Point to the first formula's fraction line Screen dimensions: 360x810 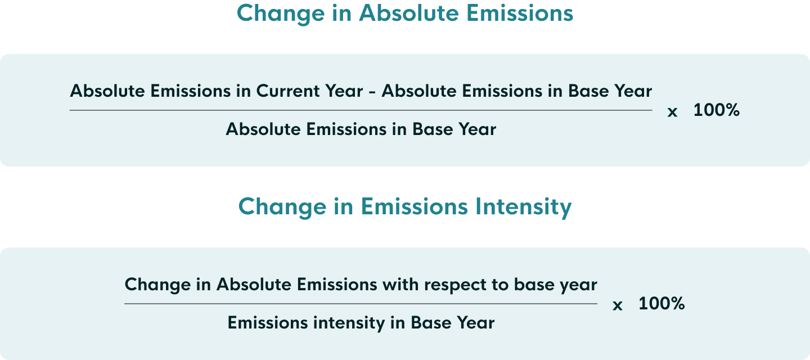point(361,110)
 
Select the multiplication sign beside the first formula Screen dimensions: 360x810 point(672,112)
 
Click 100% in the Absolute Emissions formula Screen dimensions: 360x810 point(716,110)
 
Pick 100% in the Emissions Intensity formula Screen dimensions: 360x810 point(661,304)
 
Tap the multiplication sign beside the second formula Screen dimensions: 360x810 point(618,305)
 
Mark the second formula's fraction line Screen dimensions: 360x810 point(361,304)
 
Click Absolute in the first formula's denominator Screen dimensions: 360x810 point(263,129)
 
